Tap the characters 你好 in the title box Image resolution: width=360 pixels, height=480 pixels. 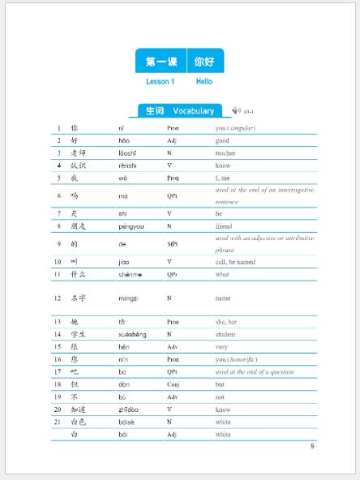[x=204, y=62]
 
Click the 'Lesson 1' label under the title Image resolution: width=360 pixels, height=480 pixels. [x=160, y=82]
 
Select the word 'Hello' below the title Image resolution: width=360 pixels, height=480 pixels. [x=204, y=82]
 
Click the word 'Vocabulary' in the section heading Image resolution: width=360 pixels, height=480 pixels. [x=193, y=111]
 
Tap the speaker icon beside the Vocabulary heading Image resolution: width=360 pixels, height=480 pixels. [x=236, y=110]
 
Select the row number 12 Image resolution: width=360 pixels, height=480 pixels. [x=58, y=298]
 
